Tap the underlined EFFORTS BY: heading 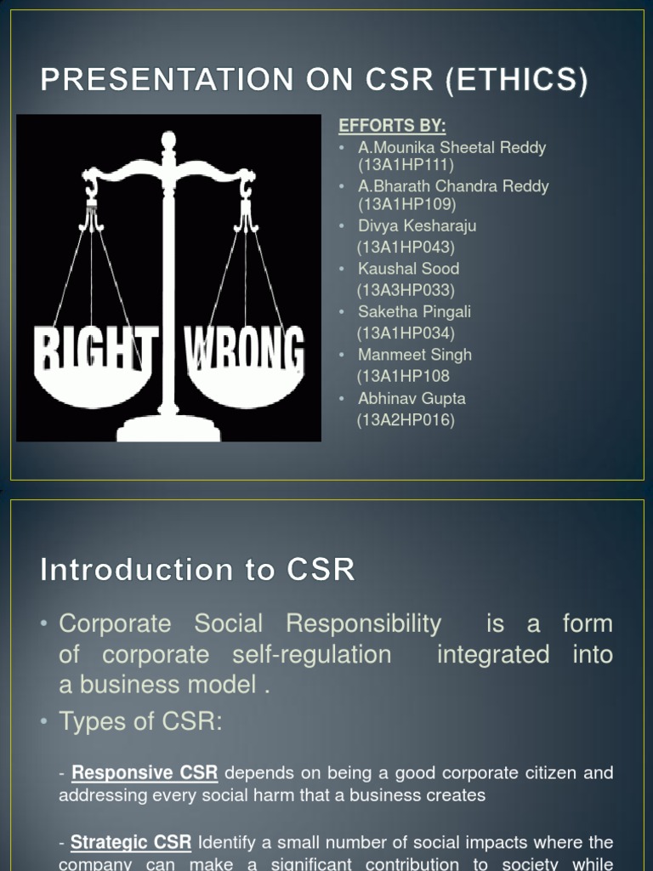pos(392,126)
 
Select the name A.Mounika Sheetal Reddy pos(451,147)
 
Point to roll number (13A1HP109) pos(406,204)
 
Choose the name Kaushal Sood pos(408,269)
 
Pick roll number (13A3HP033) pos(406,290)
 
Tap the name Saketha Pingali pos(414,312)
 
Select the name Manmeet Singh pos(414,355)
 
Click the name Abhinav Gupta pos(412,398)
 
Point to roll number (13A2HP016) pos(406,419)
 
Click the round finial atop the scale pos(168,140)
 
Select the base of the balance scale pos(168,429)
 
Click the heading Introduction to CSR pos(197,569)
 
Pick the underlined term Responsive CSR pos(145,773)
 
